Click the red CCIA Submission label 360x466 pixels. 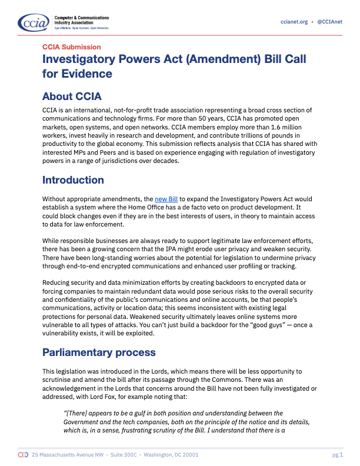point(71,47)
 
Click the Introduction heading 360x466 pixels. point(73,180)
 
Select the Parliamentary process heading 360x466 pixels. point(99,352)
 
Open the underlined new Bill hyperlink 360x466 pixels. point(165,199)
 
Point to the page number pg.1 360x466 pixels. point(337,455)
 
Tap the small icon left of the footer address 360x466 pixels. point(23,455)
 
